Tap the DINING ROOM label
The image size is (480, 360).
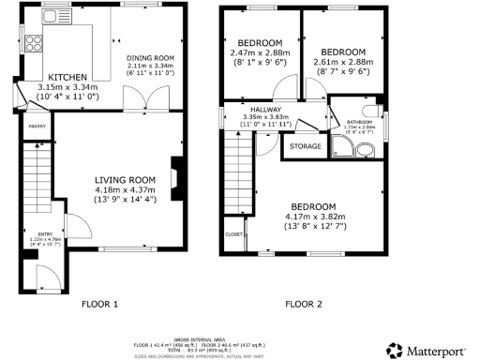pos(151,57)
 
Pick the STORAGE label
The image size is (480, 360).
pos(305,146)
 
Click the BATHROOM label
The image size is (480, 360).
pos(360,122)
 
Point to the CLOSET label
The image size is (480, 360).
pos(232,234)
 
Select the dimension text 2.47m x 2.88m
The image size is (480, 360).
pos(260,55)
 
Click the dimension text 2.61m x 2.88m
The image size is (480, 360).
pos(342,62)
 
